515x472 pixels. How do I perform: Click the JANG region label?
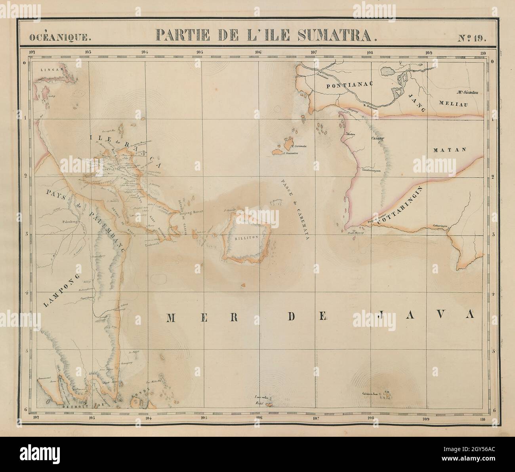tap(416, 102)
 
